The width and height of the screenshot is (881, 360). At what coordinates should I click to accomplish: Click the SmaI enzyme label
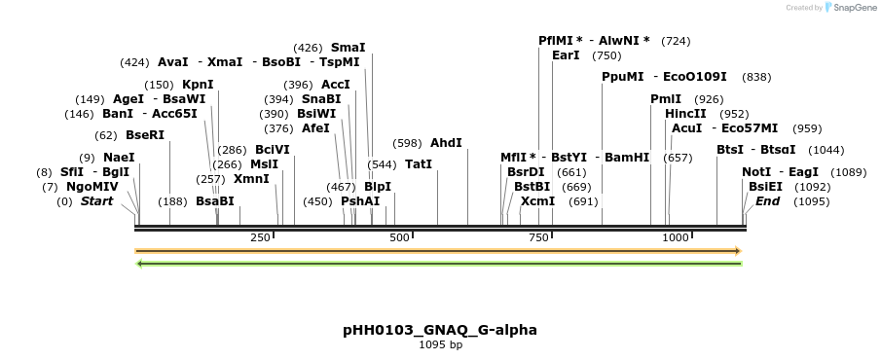(x=348, y=47)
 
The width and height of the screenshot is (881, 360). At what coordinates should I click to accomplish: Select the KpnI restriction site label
(x=198, y=85)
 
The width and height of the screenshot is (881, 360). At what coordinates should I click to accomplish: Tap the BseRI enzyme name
(x=145, y=135)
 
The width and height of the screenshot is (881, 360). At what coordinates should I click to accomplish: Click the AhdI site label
(x=446, y=142)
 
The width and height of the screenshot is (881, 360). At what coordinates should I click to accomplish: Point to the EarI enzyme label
(x=566, y=55)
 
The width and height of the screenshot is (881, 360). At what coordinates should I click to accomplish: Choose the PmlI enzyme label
(x=666, y=99)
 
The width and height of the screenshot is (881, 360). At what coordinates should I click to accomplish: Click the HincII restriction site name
(x=686, y=114)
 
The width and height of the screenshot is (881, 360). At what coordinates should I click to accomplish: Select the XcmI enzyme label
(x=537, y=201)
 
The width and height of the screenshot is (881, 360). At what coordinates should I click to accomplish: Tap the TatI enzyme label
(x=419, y=163)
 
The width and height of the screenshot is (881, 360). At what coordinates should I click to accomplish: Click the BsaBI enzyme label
(x=215, y=201)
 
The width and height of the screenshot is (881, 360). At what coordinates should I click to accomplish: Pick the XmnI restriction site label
(x=251, y=179)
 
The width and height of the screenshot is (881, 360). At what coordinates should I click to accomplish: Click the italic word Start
(x=96, y=201)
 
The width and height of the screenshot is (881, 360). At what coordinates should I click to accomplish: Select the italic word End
(x=767, y=201)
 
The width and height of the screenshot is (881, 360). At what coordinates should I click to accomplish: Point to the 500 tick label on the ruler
(x=399, y=237)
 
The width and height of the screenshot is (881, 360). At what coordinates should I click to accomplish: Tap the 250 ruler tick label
(x=260, y=237)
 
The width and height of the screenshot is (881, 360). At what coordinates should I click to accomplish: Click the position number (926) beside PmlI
(x=709, y=99)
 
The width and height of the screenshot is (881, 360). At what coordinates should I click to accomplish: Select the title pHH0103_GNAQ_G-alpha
(x=440, y=330)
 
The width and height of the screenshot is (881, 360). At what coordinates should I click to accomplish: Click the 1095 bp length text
(x=440, y=344)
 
